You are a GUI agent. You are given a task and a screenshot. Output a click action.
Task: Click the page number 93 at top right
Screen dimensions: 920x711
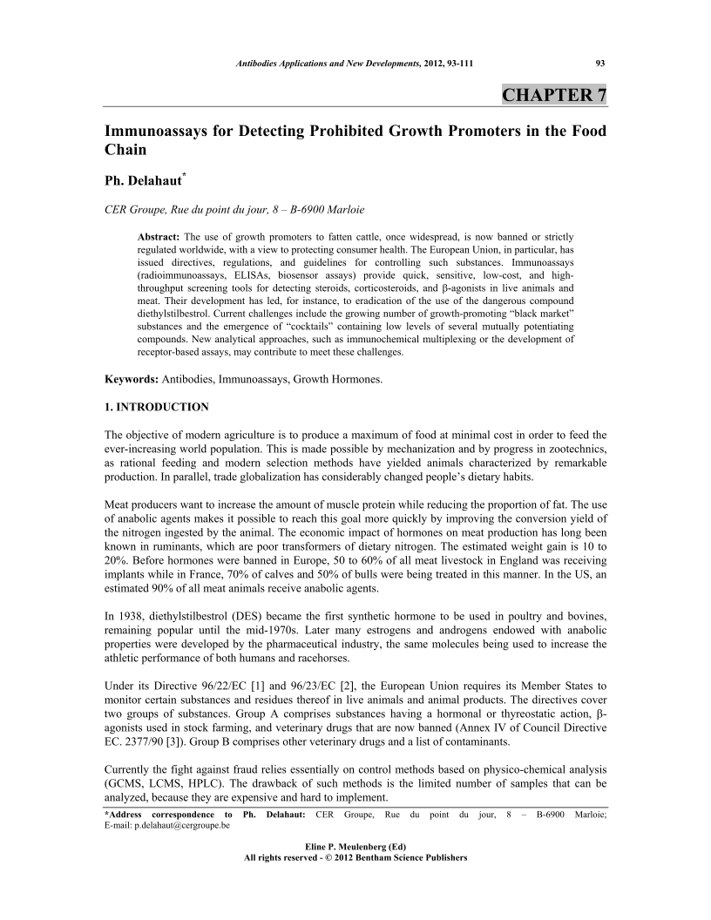click(x=600, y=63)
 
